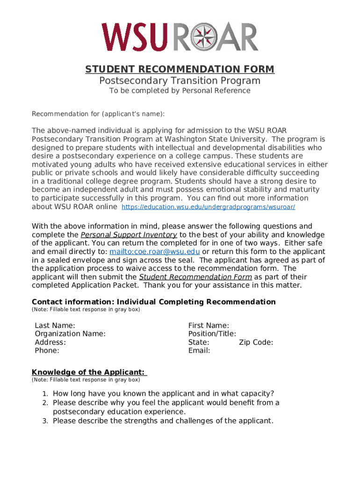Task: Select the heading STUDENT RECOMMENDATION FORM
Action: point(180,70)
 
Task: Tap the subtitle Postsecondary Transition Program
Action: point(180,81)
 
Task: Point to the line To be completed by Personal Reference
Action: point(180,91)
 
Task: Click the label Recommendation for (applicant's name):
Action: point(98,114)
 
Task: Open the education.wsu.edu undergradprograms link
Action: point(208,207)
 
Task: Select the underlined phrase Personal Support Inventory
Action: point(129,235)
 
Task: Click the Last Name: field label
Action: point(55,326)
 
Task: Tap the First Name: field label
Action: point(209,326)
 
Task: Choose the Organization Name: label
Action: point(70,334)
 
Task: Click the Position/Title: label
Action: point(212,334)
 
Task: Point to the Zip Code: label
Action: point(256,342)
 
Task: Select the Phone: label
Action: point(47,351)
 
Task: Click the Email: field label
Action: point(199,351)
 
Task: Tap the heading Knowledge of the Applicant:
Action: point(89,372)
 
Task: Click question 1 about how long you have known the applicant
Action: point(163,394)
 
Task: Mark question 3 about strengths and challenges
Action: point(163,421)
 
